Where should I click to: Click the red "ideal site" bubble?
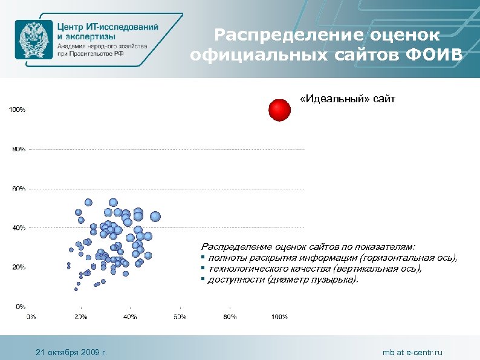click(x=279, y=110)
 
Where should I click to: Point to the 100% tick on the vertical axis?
click(x=16, y=110)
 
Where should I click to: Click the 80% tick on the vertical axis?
click(x=18, y=149)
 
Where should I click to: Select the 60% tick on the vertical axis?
click(x=18, y=189)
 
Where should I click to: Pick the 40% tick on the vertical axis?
click(x=18, y=227)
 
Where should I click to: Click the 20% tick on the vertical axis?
click(x=18, y=267)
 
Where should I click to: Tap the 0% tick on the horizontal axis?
click(x=31, y=316)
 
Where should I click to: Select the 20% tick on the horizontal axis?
click(x=80, y=316)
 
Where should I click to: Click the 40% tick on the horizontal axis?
click(x=130, y=316)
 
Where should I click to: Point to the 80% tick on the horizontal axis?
click(x=229, y=316)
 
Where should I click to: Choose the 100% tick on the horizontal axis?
click(x=279, y=316)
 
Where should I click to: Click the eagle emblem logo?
click(x=33, y=39)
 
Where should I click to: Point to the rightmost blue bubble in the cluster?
click(x=155, y=216)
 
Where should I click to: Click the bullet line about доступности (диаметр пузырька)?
click(x=282, y=280)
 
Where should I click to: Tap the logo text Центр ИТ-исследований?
click(x=108, y=27)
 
